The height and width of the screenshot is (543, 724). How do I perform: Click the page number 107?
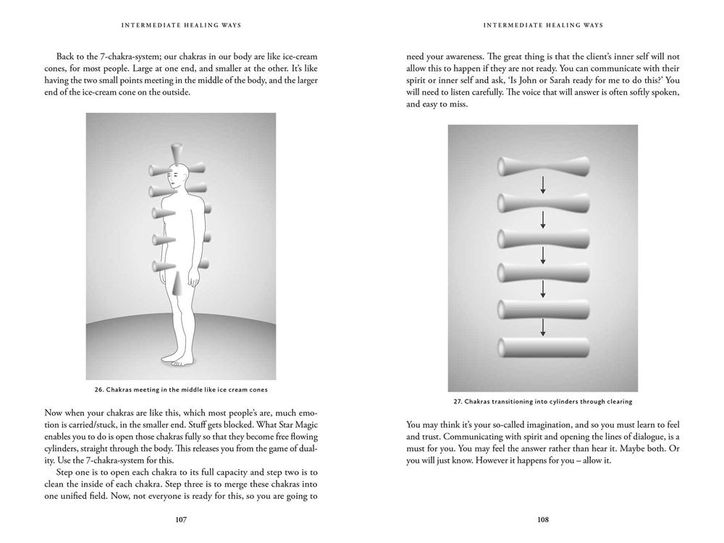point(181,519)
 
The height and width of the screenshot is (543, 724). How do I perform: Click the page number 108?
point(542,519)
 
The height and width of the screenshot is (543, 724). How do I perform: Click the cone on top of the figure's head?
point(177,153)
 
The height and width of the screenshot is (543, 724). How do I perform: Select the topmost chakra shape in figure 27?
point(542,168)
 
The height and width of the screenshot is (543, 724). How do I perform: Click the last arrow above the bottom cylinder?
point(543,328)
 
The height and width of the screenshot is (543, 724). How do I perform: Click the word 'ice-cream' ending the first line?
point(296,56)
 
